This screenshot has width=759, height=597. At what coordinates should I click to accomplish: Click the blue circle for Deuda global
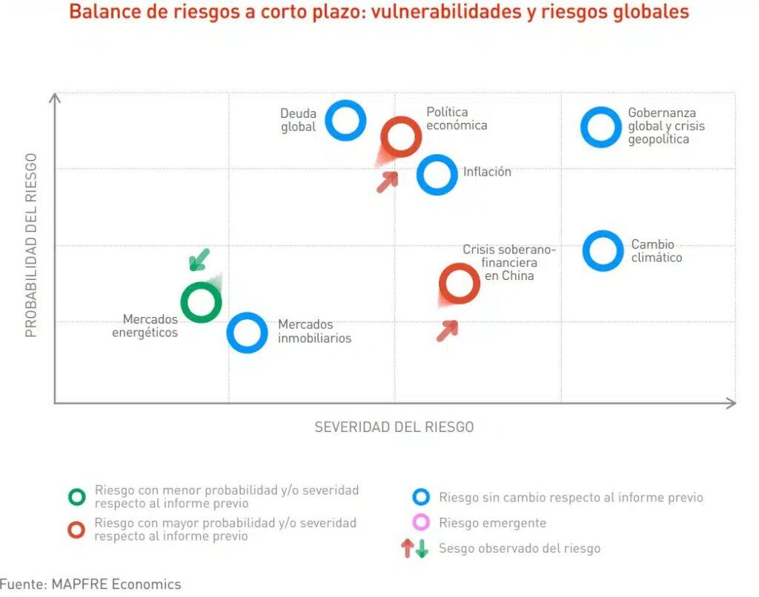(x=345, y=120)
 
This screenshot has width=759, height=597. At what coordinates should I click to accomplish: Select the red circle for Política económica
(x=401, y=136)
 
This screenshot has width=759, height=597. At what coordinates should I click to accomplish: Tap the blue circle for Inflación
(x=437, y=175)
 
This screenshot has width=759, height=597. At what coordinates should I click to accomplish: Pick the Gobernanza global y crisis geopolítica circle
(x=600, y=127)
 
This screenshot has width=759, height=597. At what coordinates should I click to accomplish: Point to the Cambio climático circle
(x=603, y=250)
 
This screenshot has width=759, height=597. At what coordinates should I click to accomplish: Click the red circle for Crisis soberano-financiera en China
(x=459, y=283)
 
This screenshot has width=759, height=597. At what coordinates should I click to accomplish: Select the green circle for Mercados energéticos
(x=201, y=302)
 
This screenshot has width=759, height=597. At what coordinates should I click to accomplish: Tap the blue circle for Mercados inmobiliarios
(x=247, y=333)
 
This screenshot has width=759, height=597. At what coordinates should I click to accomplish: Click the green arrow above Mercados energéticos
(x=199, y=259)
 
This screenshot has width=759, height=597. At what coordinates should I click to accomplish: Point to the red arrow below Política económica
(x=388, y=181)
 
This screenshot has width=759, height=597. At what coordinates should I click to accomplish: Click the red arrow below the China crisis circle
(x=447, y=330)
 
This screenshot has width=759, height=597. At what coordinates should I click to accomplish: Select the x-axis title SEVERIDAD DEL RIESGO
(x=394, y=427)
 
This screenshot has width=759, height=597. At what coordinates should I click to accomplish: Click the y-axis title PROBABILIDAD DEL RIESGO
(x=31, y=245)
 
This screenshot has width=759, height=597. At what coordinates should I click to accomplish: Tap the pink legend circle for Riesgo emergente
(x=421, y=523)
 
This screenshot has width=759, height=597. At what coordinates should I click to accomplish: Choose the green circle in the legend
(x=77, y=497)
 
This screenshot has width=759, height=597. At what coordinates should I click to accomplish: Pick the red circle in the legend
(x=77, y=530)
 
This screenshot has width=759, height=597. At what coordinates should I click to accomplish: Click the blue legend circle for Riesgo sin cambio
(x=421, y=498)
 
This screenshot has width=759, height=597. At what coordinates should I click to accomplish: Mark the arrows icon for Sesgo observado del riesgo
(x=414, y=549)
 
